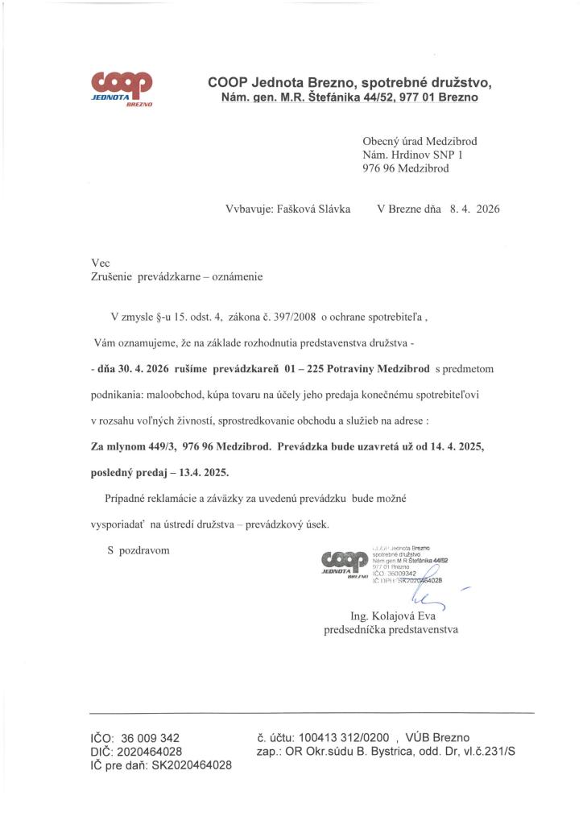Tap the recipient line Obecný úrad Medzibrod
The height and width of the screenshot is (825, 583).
pyautogui.click(x=420, y=140)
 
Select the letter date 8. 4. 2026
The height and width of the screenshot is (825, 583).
pyautogui.click(x=474, y=209)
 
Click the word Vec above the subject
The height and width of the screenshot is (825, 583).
pyautogui.click(x=100, y=263)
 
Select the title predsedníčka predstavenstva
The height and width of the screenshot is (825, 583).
pyautogui.click(x=391, y=630)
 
